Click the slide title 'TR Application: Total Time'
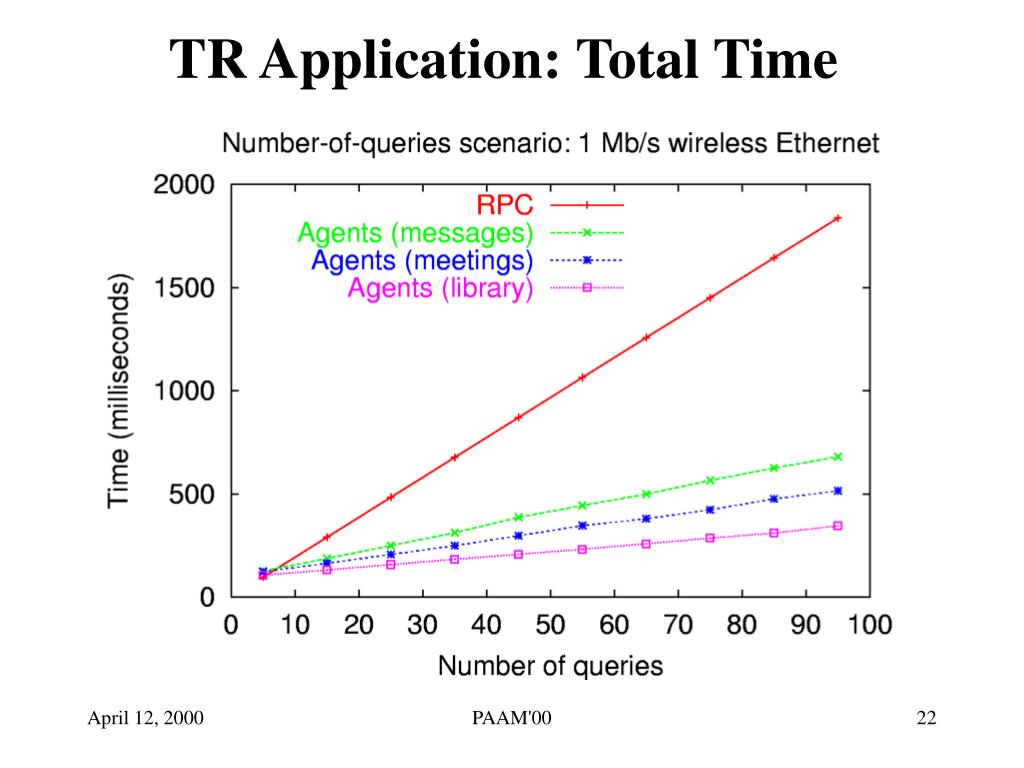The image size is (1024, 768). pyautogui.click(x=503, y=61)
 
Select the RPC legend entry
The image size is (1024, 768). pyautogui.click(x=505, y=205)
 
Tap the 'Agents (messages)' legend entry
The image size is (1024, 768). pyautogui.click(x=415, y=233)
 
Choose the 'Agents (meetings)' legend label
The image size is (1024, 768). pyautogui.click(x=422, y=261)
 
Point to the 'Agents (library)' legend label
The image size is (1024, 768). pyautogui.click(x=440, y=289)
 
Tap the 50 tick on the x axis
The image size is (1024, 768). pyautogui.click(x=550, y=626)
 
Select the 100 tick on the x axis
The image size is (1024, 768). pyautogui.click(x=870, y=626)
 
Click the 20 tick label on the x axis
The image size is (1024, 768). pyautogui.click(x=358, y=626)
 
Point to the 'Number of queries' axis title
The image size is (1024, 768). pyautogui.click(x=550, y=664)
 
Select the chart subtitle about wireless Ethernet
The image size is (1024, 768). pyautogui.click(x=550, y=143)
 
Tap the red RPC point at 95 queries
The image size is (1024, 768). pyautogui.click(x=837, y=218)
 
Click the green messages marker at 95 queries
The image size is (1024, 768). pyautogui.click(x=837, y=457)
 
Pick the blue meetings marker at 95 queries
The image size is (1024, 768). pyautogui.click(x=837, y=491)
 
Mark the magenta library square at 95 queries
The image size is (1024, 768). pyautogui.click(x=837, y=526)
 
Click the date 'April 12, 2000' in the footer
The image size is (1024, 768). pyautogui.click(x=146, y=719)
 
